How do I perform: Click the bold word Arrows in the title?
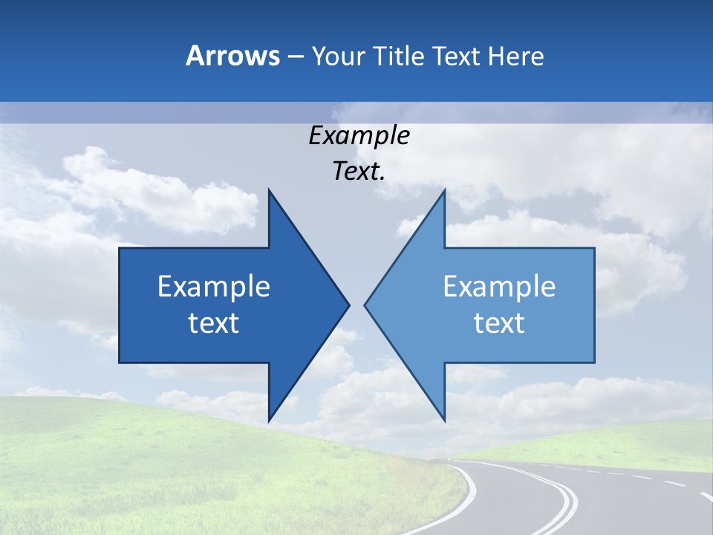pos(233,56)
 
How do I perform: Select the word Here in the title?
pos(516,56)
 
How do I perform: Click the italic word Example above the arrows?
pos(359,136)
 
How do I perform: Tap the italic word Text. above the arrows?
pos(359,172)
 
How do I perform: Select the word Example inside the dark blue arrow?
pos(214,287)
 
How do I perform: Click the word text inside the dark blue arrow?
pos(214,323)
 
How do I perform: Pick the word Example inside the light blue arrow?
pos(499,287)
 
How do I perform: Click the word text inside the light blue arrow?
pos(499,323)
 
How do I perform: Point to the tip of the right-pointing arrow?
pos(349,305)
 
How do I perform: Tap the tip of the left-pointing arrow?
pos(365,305)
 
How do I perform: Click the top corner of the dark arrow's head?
pos(269,189)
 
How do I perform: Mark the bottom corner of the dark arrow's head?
pos(269,421)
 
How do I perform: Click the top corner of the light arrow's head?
pos(444,189)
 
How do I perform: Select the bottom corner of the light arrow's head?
pos(444,421)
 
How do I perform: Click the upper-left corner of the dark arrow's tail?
pos(120,248)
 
